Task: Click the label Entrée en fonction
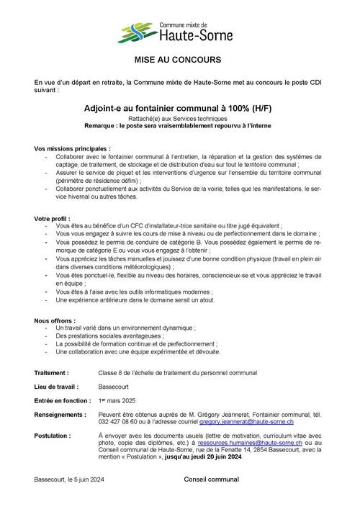point(63,400)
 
